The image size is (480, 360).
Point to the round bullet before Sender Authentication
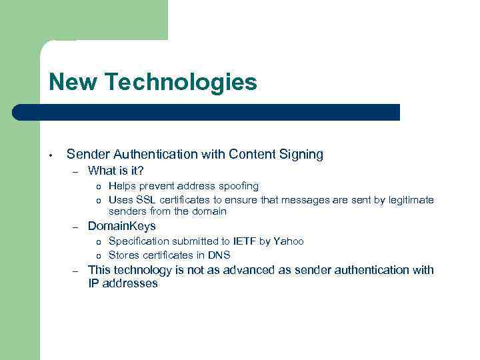pos(50,155)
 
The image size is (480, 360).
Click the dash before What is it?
pos(77,172)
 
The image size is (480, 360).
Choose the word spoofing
pos(237,186)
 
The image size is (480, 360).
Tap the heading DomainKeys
pos(121,227)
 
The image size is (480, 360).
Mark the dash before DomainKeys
pos(77,228)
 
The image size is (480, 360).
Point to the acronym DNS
pos(219,255)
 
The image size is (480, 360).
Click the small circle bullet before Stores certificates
pos(98,255)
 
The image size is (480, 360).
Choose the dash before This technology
pos(77,271)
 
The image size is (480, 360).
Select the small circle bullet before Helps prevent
pos(98,187)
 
